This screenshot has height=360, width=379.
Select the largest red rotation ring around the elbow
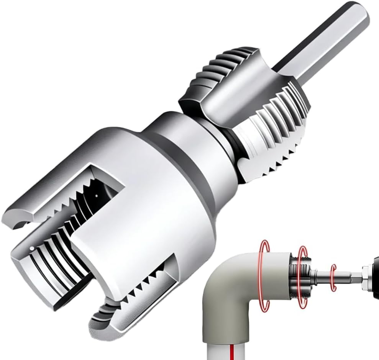(x=264, y=276)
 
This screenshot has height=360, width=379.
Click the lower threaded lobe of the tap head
(x=268, y=138)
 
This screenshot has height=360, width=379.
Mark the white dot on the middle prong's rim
(x=31, y=248)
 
